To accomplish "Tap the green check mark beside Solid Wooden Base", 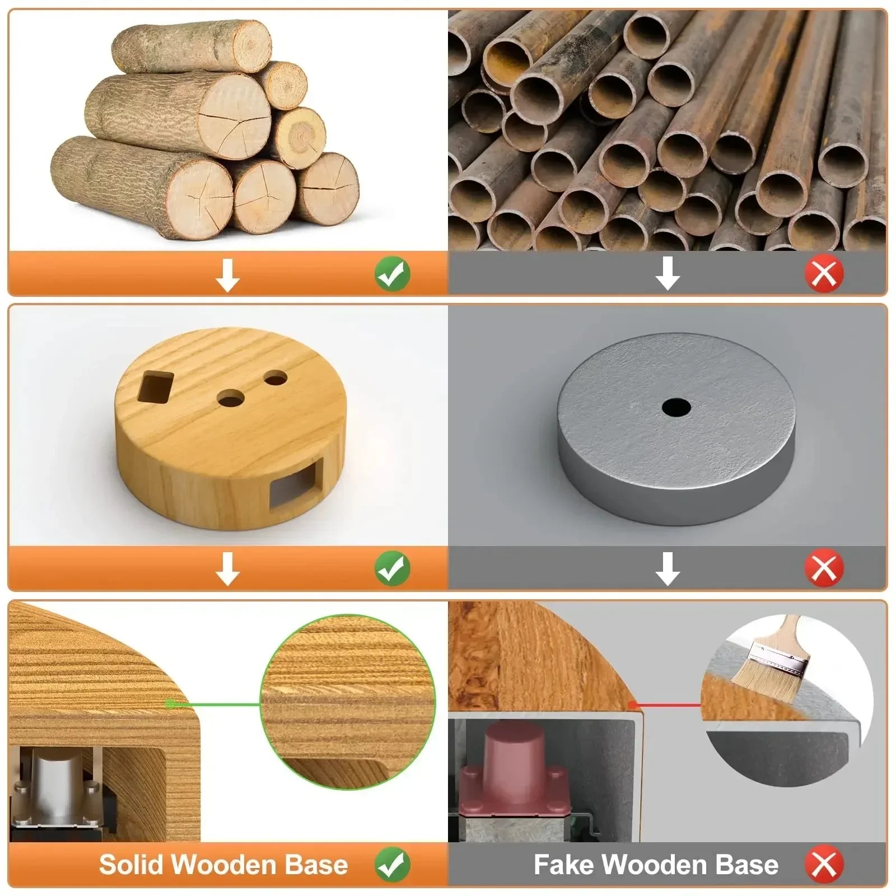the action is pyautogui.click(x=393, y=865).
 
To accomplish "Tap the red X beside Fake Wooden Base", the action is pyautogui.click(x=824, y=865).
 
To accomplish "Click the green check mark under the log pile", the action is pyautogui.click(x=393, y=274).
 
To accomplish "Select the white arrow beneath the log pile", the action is pyautogui.click(x=227, y=275).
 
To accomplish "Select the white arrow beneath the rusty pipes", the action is pyautogui.click(x=668, y=274).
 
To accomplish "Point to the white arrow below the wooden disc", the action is pyautogui.click(x=227, y=569).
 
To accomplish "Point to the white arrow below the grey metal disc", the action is pyautogui.click(x=668, y=569).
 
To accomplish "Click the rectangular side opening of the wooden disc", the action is pyautogui.click(x=296, y=483).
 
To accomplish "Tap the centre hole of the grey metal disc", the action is pyautogui.click(x=676, y=407).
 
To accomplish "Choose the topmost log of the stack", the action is pyautogui.click(x=192, y=46).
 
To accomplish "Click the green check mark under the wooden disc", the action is pyautogui.click(x=393, y=568).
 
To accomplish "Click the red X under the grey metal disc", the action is pyautogui.click(x=824, y=568).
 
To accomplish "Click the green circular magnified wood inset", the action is pyautogui.click(x=348, y=702).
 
